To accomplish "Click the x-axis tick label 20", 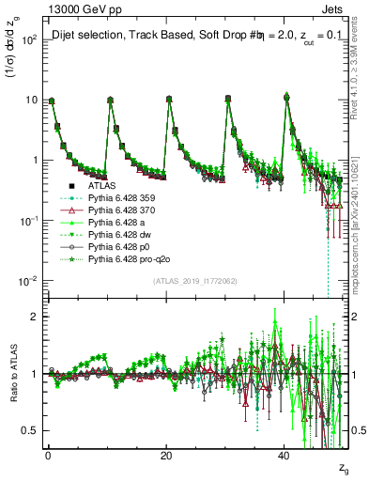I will click(166, 454).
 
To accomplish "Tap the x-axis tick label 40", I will click(284, 454).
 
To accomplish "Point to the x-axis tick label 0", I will click(48, 454).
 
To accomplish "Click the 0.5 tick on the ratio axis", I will click(33, 430).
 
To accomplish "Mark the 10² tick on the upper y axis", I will click(31, 39).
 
